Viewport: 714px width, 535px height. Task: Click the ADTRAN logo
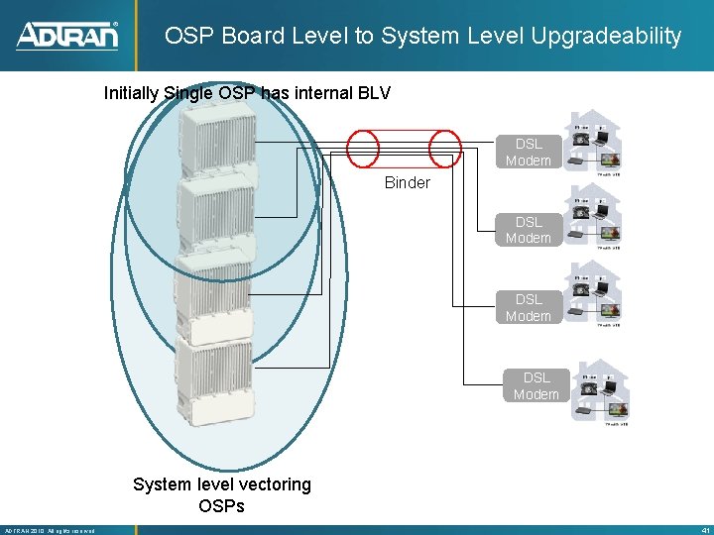pyautogui.click(x=67, y=36)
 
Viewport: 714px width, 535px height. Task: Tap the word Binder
pyautogui.click(x=408, y=182)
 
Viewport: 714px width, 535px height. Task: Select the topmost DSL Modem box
pyautogui.click(x=528, y=153)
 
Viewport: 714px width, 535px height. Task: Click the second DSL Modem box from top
pyautogui.click(x=528, y=230)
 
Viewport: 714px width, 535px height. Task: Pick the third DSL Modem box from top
pyautogui.click(x=528, y=307)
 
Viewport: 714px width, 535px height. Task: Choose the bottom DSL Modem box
pyautogui.click(x=535, y=385)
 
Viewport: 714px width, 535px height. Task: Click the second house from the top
pyautogui.click(x=596, y=216)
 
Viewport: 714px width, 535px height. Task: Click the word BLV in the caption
pyautogui.click(x=372, y=94)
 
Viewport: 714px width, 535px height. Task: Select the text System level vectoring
pyautogui.click(x=222, y=484)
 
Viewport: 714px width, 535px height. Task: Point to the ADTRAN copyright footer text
pyautogui.click(x=50, y=530)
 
